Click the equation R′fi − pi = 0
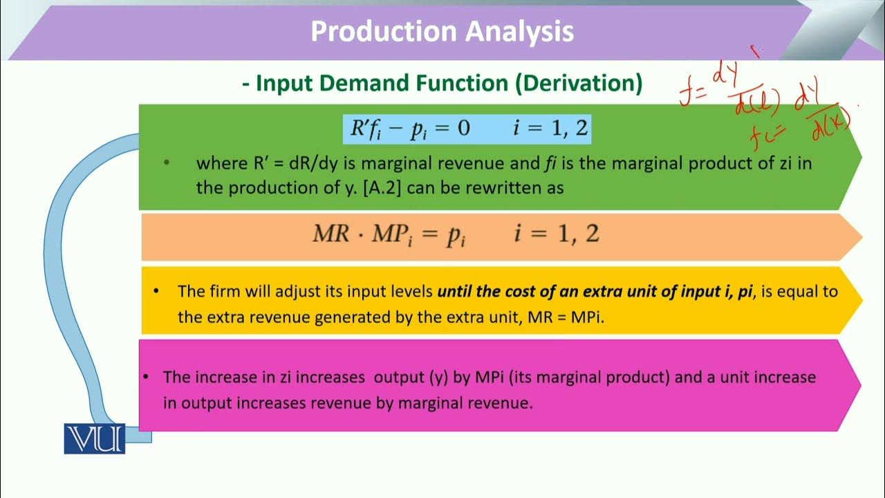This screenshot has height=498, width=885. click(409, 129)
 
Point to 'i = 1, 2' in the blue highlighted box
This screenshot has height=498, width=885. click(550, 129)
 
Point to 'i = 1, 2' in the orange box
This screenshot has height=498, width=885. click(556, 234)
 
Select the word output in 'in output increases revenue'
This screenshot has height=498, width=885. click(209, 403)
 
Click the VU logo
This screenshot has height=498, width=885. click(95, 439)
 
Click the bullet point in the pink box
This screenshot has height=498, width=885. click(147, 378)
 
